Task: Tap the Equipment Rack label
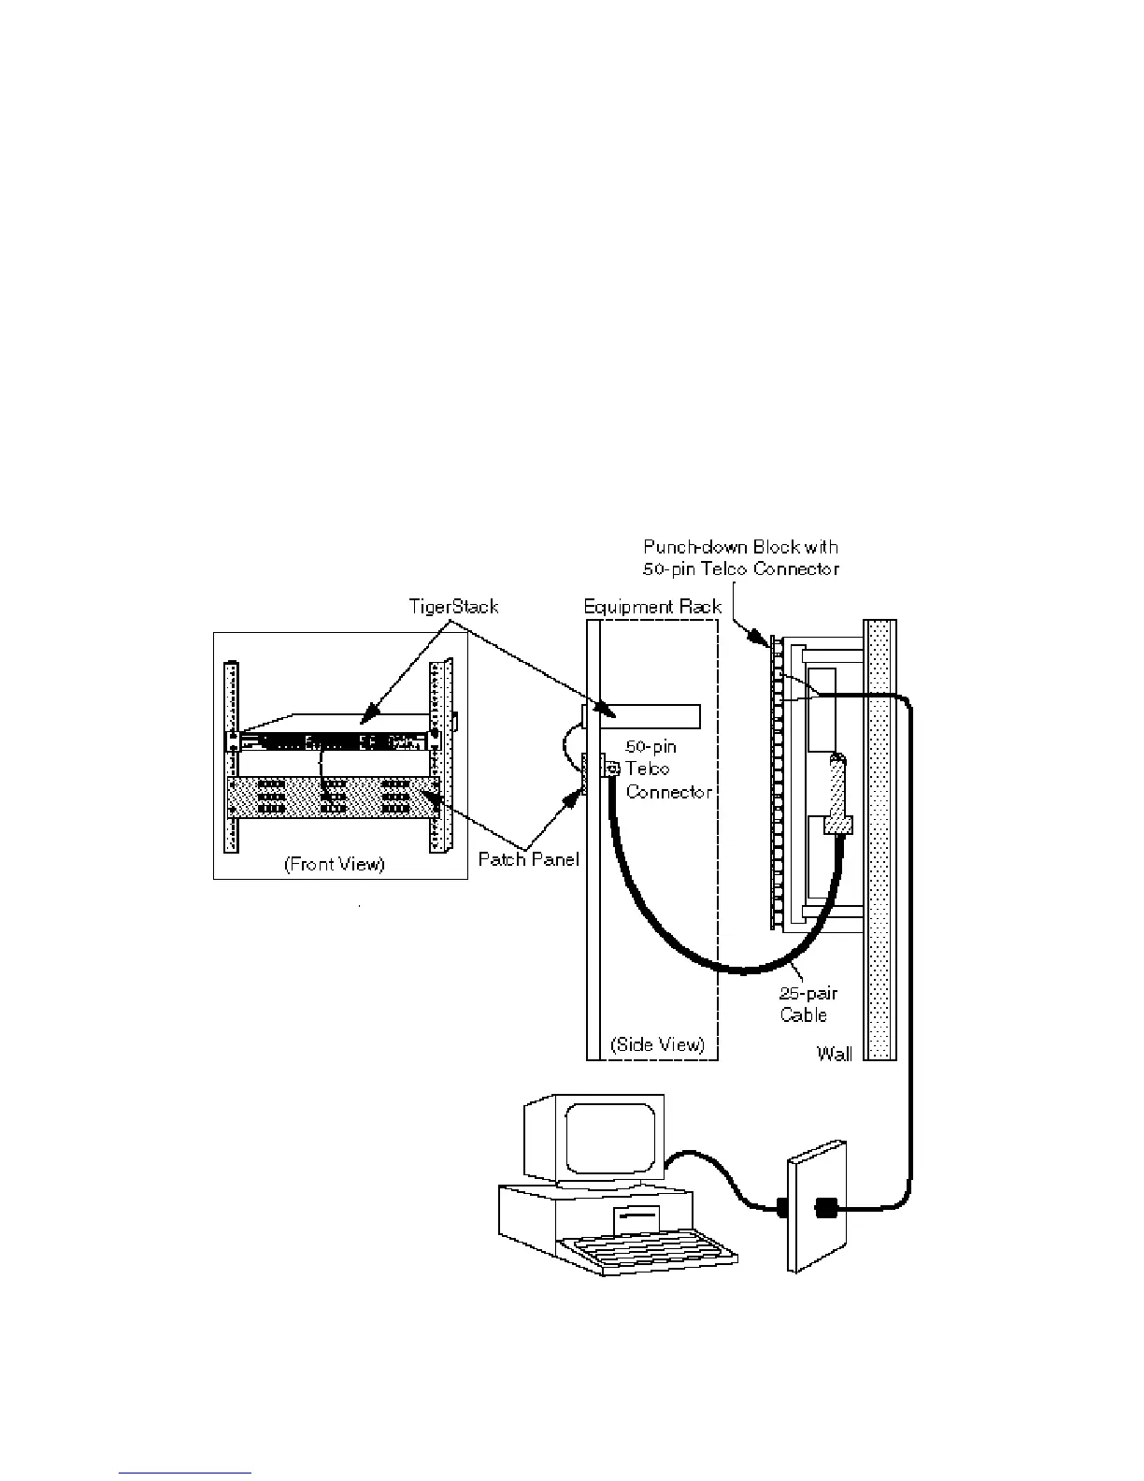click(x=652, y=607)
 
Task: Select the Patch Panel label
click(x=528, y=858)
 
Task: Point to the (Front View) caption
click(x=334, y=864)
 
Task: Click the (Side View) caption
click(x=656, y=1044)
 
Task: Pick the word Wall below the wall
click(x=834, y=1054)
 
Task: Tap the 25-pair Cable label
click(x=804, y=1005)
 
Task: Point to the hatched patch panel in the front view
click(x=333, y=797)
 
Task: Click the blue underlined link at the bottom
click(x=186, y=1472)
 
